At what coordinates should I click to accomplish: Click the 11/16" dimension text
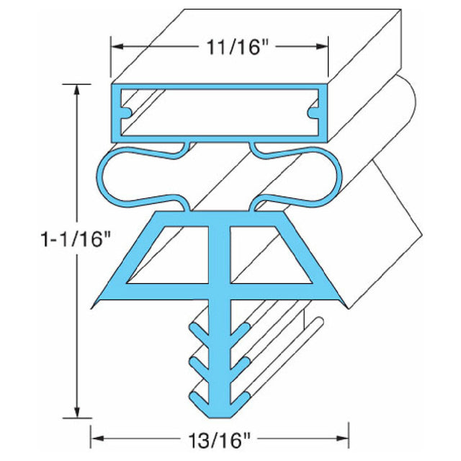click(x=219, y=48)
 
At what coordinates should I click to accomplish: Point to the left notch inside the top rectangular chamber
click(x=125, y=114)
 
